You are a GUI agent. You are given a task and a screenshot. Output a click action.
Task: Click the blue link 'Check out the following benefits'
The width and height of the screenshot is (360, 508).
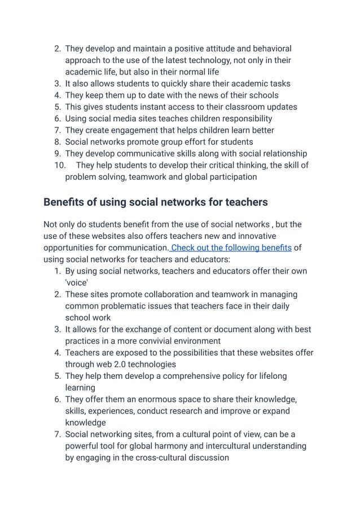pyautogui.click(x=231, y=248)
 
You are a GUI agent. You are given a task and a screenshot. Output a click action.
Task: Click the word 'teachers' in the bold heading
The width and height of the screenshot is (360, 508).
pyautogui.click(x=247, y=202)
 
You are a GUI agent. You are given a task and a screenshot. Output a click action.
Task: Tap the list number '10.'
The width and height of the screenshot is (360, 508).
pyautogui.click(x=59, y=165)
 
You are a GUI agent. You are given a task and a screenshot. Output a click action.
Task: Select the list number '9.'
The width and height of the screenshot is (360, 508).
pyautogui.click(x=58, y=153)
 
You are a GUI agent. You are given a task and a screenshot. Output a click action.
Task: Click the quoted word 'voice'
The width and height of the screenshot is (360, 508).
pyautogui.click(x=77, y=282)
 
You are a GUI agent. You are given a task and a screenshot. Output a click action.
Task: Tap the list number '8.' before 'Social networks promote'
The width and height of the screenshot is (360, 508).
pyautogui.click(x=58, y=142)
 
